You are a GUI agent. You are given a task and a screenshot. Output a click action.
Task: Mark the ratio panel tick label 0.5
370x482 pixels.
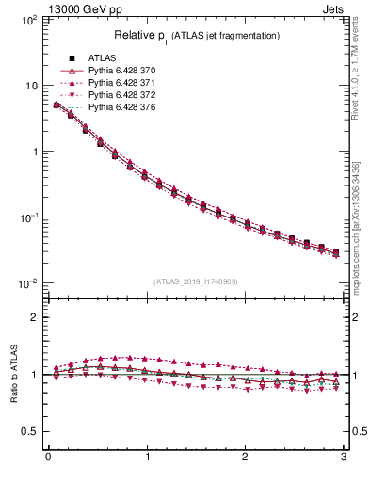[30, 431]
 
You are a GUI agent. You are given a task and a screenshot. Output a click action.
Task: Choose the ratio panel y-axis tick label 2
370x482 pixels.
[35, 317]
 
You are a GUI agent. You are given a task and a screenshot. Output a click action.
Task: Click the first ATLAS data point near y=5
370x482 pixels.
[56, 105]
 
